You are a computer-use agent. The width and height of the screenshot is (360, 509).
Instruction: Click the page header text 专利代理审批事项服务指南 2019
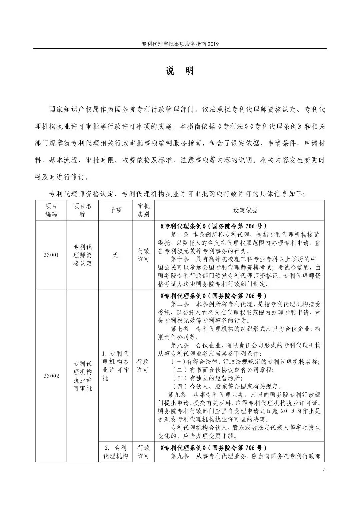pyautogui.click(x=180, y=44)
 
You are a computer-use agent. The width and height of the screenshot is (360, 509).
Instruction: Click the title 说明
pyautogui.click(x=180, y=71)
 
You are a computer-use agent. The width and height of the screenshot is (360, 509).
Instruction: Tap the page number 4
pyautogui.click(x=324, y=470)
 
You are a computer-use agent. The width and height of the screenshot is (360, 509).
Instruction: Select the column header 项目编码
pyautogui.click(x=51, y=210)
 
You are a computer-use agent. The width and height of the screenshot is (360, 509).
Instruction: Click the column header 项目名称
pyautogui.click(x=83, y=210)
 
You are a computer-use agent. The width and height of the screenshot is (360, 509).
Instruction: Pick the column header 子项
pyautogui.click(x=116, y=210)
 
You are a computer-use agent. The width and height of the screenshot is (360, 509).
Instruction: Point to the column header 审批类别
pyautogui.click(x=144, y=210)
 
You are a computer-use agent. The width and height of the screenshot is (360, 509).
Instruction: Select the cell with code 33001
pyautogui.click(x=51, y=255)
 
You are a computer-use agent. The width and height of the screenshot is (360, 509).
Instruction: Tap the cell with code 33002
pyautogui.click(x=51, y=376)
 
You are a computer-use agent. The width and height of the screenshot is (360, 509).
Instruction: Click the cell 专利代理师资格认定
pyautogui.click(x=83, y=255)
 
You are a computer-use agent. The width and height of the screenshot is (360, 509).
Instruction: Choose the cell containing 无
pyautogui.click(x=116, y=255)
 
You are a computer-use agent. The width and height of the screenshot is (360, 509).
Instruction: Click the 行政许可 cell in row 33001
pyautogui.click(x=144, y=255)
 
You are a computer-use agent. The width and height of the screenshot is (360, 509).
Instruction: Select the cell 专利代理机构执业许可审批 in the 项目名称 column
pyautogui.click(x=83, y=376)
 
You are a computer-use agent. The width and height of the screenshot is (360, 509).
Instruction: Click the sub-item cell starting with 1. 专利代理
pyautogui.click(x=116, y=366)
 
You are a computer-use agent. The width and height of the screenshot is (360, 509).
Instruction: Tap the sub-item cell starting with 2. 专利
pyautogui.click(x=116, y=452)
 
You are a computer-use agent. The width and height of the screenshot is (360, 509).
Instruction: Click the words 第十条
pyautogui.click(x=180, y=259)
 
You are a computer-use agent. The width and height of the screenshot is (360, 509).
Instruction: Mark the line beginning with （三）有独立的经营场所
pyautogui.click(x=207, y=378)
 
